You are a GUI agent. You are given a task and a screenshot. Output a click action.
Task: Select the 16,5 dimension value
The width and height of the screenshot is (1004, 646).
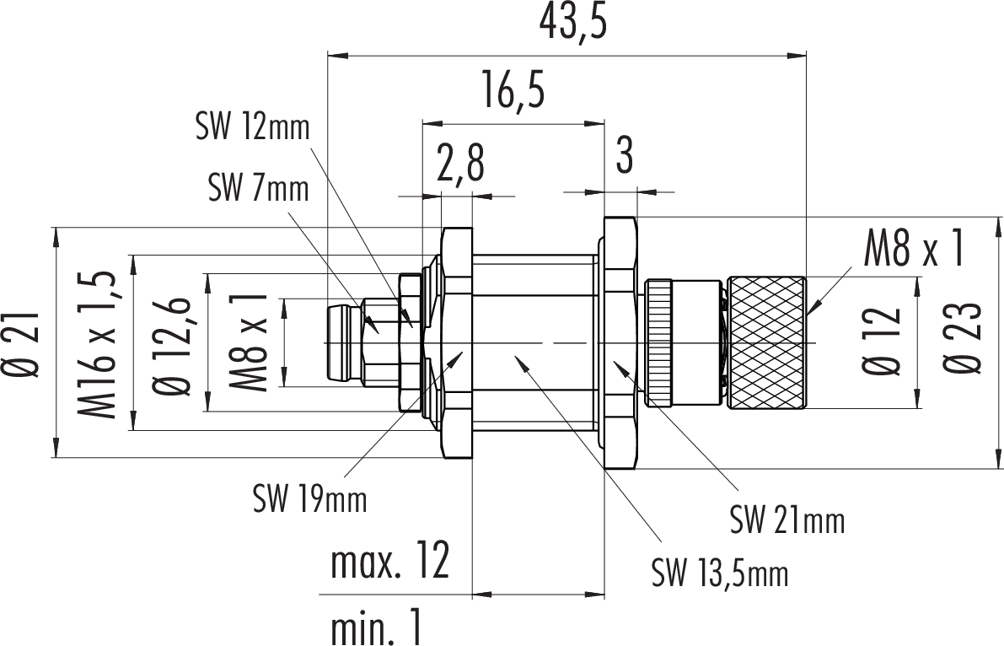pos(513,91)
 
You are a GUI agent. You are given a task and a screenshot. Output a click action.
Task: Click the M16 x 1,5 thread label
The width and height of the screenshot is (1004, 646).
pos(99,344)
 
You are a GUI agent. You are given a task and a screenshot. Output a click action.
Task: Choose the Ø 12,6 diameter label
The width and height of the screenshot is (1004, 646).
pos(170,344)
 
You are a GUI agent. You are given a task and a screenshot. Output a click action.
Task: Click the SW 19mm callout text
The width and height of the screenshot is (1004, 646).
pos(310,500)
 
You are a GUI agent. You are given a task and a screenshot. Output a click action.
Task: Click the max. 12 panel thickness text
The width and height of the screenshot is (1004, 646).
pos(389,563)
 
